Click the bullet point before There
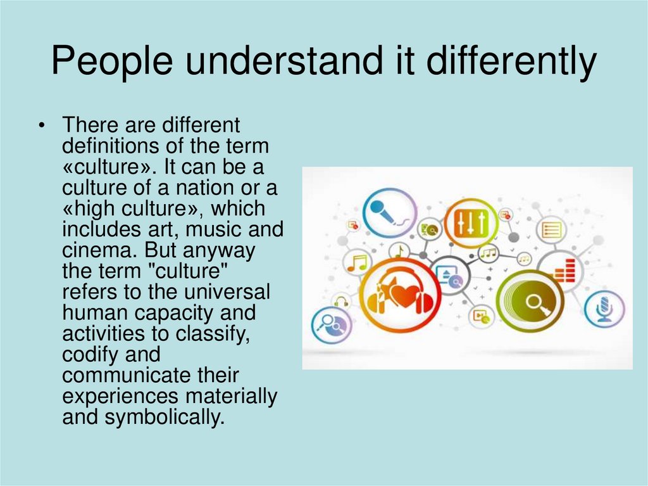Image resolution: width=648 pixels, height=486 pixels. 41,125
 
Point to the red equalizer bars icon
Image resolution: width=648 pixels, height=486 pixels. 564,271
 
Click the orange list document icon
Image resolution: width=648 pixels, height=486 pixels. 552,229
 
